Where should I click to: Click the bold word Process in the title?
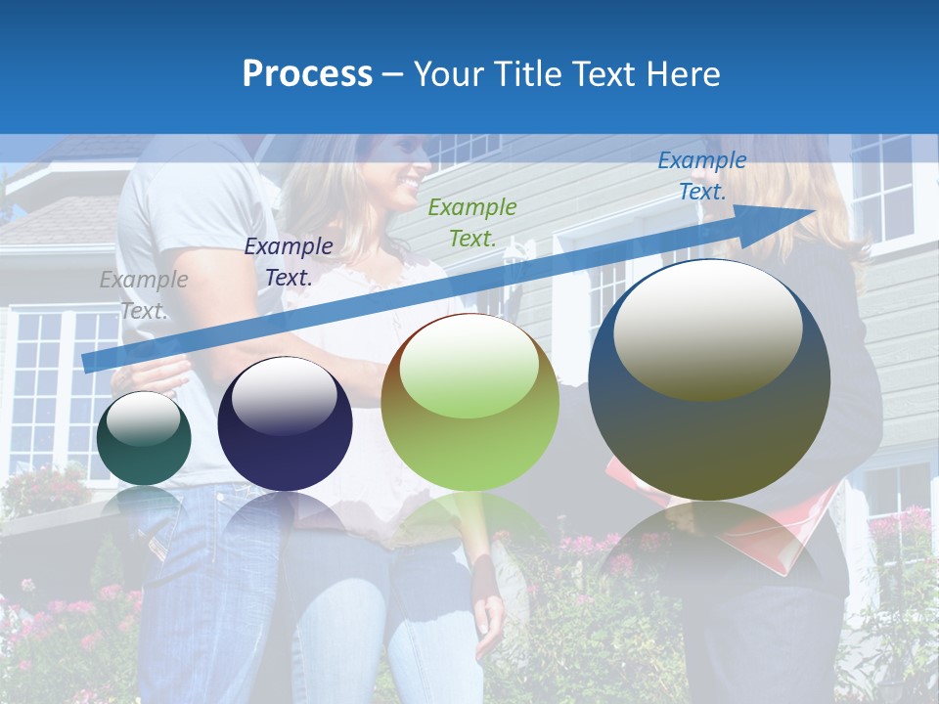click(307, 74)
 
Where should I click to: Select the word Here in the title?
click(684, 74)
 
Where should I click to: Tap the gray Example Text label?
click(144, 294)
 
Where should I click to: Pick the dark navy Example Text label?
click(289, 261)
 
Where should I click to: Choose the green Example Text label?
click(472, 222)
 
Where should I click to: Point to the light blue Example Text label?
click(701, 176)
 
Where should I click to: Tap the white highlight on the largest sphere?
click(707, 328)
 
